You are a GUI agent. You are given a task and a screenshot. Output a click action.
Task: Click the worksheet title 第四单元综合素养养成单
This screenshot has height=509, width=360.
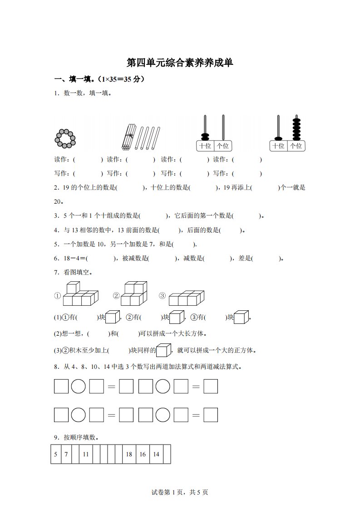180,62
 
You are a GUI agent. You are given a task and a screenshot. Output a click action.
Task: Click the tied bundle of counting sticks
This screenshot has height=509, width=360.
129,137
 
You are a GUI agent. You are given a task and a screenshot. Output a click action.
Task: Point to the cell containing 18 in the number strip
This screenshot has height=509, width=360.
129,454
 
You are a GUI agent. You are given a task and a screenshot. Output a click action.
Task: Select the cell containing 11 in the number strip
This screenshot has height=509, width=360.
86,454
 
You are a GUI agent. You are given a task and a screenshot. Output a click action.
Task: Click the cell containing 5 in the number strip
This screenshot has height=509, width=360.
55,454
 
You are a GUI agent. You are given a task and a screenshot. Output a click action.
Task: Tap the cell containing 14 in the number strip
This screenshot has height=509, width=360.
156,454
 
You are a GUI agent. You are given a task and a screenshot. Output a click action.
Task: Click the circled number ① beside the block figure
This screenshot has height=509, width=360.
58,296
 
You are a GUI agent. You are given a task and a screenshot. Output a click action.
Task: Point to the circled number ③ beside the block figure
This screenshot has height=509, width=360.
162,295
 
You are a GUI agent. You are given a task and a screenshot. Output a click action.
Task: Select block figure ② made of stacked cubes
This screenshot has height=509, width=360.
134,294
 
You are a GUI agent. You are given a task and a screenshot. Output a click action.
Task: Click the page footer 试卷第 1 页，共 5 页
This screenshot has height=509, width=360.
180,492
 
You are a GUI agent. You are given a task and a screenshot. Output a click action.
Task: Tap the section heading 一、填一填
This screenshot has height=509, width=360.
74,79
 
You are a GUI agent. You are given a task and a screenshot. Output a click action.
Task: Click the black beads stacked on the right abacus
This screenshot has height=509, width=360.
296,129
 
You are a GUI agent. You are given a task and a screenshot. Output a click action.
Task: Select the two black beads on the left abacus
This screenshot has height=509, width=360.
205,137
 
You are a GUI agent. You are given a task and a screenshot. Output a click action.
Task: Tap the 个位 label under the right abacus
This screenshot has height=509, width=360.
296,146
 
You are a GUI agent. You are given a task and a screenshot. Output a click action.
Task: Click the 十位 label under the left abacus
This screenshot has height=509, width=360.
205,146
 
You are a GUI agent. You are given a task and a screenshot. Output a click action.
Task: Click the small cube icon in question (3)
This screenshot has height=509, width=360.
163,350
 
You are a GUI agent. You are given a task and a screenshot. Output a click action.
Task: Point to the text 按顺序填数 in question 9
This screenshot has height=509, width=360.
79,437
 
